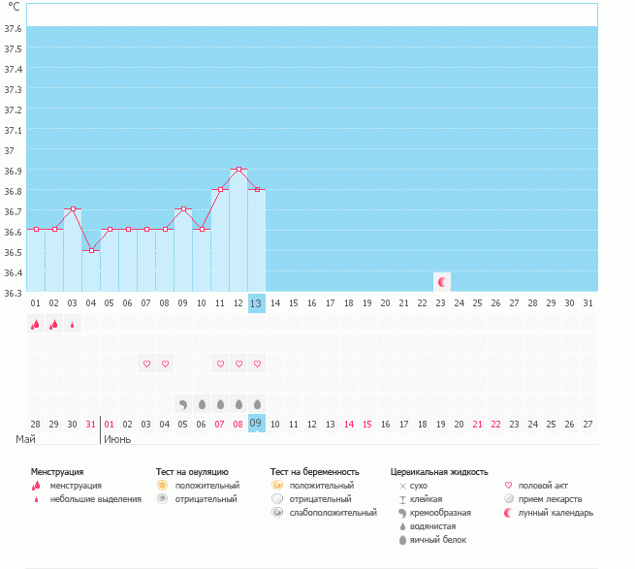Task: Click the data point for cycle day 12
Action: [x=238, y=170]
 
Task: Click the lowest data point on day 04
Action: [x=91, y=250]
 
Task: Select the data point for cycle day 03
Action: [x=73, y=208]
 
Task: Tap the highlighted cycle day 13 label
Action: [x=256, y=303]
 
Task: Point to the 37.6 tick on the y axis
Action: [x=15, y=28]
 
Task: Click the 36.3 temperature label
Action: [x=15, y=293]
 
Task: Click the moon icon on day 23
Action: [x=442, y=282]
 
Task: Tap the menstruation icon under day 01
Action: [x=35, y=325]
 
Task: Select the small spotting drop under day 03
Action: [x=72, y=325]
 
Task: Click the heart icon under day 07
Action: [x=147, y=364]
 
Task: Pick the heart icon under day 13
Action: [x=257, y=364]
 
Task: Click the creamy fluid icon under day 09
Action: [x=183, y=403]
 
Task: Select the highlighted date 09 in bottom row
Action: [x=256, y=424]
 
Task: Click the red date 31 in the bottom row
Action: [x=90, y=424]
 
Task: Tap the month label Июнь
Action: [x=118, y=439]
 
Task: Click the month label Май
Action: [x=26, y=439]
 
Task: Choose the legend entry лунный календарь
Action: [x=556, y=513]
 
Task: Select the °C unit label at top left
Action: [x=14, y=7]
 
